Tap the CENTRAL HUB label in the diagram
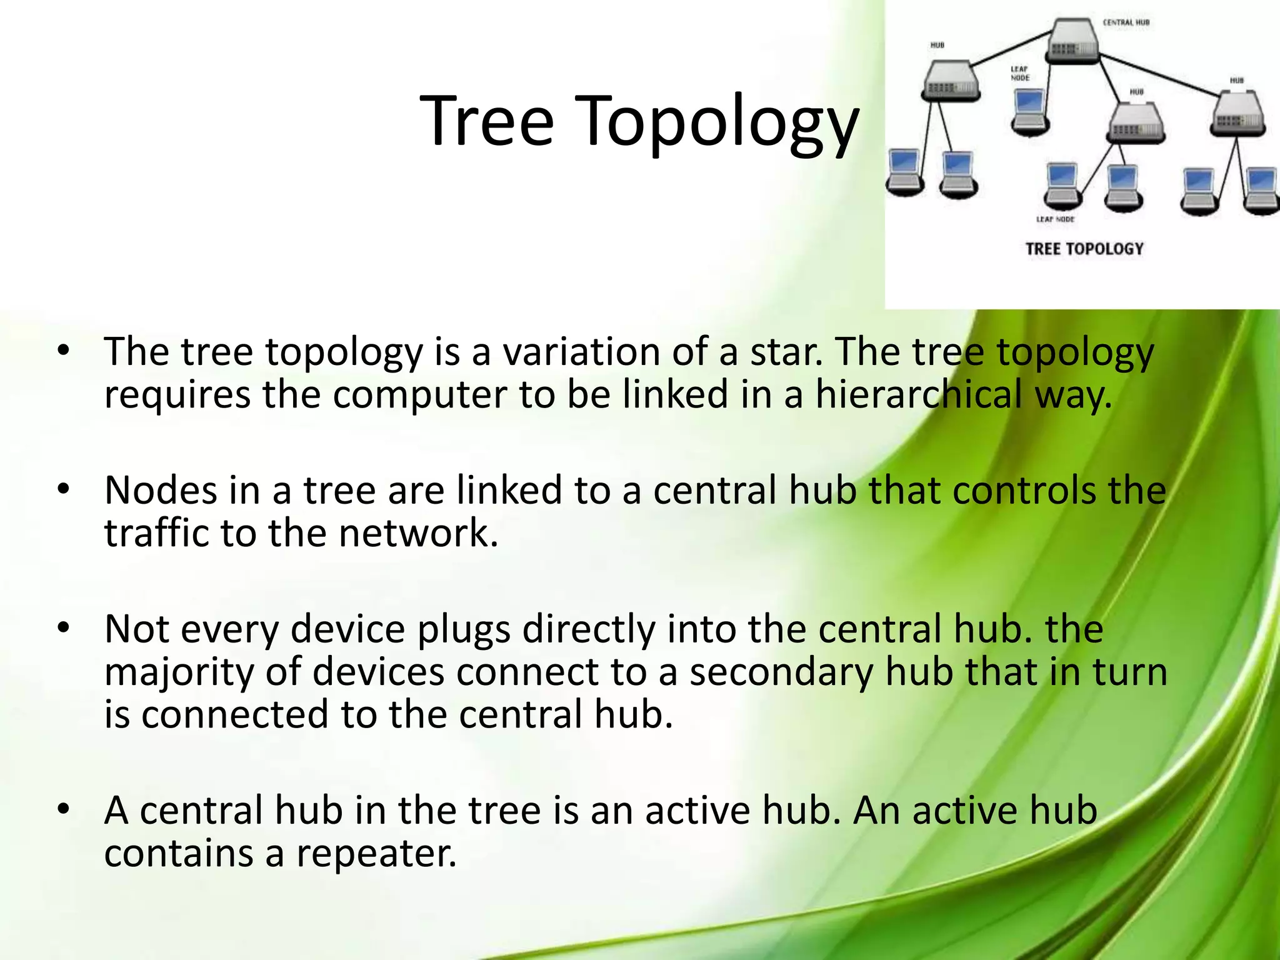coord(1126,22)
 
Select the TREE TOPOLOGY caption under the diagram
coord(1084,249)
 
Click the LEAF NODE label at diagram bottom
coord(1056,219)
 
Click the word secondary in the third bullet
coord(781,672)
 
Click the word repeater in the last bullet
coord(376,853)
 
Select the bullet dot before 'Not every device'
coord(62,629)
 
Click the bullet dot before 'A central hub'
coord(62,810)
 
